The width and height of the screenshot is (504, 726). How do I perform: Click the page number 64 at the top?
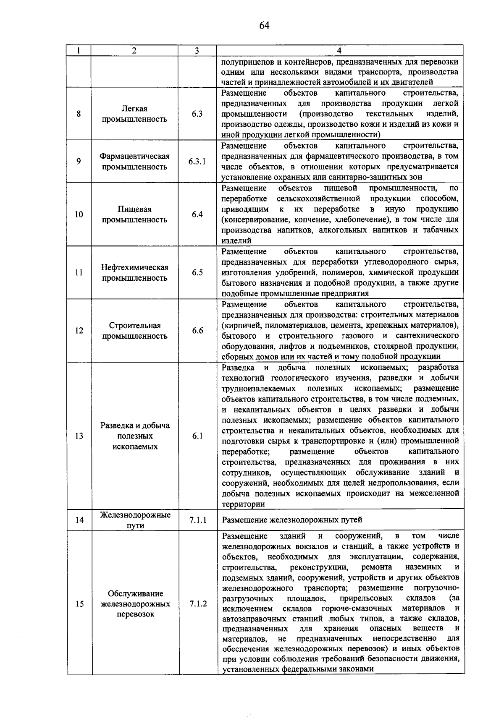(264, 26)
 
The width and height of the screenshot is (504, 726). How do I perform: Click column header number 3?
(197, 51)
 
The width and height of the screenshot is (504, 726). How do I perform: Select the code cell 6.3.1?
(197, 162)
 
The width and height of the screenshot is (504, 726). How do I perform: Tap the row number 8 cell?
(79, 114)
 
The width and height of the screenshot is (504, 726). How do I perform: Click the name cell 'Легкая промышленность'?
(134, 114)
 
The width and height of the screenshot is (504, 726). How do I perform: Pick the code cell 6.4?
(197, 214)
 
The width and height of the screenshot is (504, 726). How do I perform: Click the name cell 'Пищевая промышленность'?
(134, 214)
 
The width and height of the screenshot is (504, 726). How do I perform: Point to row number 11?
(79, 272)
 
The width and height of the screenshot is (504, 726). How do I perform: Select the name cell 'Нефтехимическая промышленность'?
(134, 272)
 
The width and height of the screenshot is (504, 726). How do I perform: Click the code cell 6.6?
(197, 331)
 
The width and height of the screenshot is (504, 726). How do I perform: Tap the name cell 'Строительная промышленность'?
(134, 331)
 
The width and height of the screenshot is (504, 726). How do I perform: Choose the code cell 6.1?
(197, 436)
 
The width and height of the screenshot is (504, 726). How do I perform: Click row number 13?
(79, 436)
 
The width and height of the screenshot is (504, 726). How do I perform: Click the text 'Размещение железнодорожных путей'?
(292, 520)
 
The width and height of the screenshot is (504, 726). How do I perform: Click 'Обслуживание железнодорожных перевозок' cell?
(135, 604)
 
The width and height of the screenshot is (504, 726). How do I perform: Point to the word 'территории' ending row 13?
(243, 504)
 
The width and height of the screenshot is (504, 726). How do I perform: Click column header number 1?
(79, 51)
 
